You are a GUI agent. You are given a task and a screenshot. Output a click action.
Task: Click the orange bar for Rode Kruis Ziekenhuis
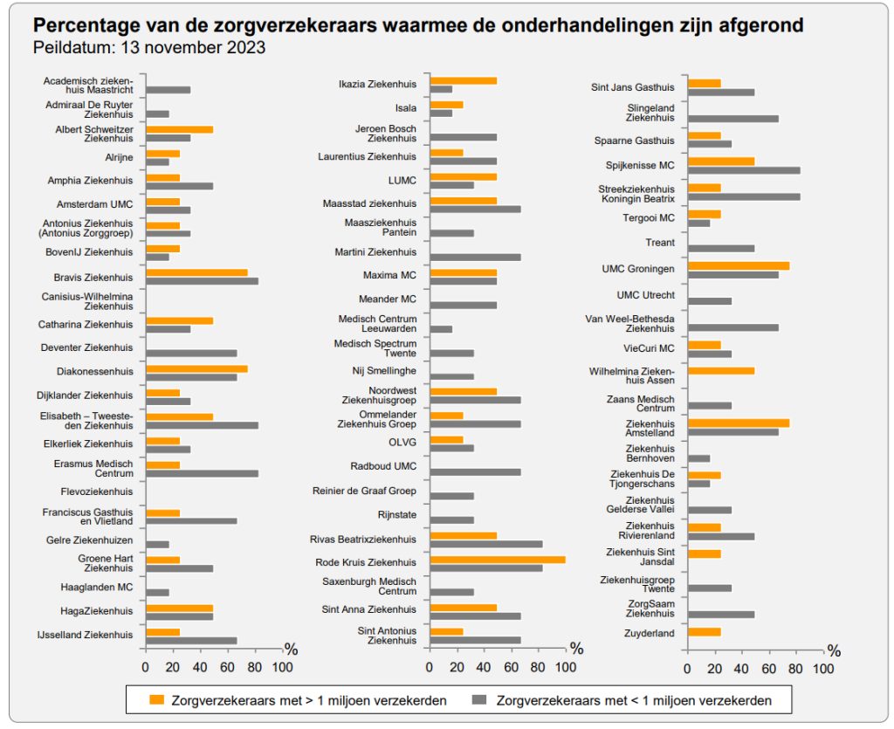(x=498, y=560)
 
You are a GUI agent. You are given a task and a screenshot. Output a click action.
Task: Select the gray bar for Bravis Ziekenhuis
(x=202, y=281)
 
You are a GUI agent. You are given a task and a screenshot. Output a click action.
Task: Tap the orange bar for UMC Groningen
(x=739, y=266)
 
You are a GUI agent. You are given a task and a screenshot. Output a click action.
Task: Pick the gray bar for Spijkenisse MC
(x=744, y=170)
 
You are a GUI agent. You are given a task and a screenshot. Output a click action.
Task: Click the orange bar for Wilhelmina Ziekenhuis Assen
(x=721, y=370)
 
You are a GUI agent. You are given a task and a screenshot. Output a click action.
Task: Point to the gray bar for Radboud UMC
(x=475, y=471)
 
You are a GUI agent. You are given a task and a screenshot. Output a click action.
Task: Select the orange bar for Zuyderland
(x=705, y=632)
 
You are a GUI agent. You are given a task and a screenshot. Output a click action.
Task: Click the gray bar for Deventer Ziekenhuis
(x=191, y=353)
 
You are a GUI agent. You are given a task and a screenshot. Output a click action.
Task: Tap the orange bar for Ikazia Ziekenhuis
(x=464, y=80)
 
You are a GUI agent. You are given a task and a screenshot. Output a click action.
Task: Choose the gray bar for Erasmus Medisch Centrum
(x=202, y=473)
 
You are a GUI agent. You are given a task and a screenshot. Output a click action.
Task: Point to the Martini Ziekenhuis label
(x=375, y=252)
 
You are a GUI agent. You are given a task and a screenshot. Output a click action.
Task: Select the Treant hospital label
(x=659, y=243)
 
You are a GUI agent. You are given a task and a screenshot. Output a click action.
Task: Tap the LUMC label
(x=402, y=181)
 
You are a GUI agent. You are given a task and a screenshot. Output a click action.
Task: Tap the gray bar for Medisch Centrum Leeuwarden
(x=441, y=329)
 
